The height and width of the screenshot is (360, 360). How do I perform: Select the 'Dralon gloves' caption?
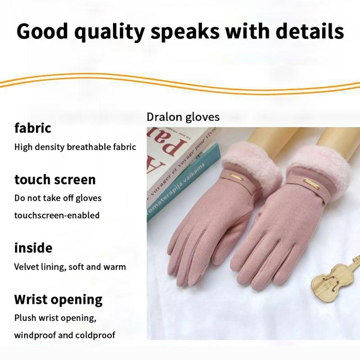click(183, 117)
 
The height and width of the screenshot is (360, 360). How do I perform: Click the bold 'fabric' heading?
click(33, 128)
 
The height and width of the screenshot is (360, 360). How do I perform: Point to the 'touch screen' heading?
click(55, 179)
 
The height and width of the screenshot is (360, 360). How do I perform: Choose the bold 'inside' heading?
click(33, 247)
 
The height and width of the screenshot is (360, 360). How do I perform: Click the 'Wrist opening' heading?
click(58, 299)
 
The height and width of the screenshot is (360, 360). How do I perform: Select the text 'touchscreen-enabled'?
click(57, 215)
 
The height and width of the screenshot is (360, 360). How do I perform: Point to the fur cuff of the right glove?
click(322, 164)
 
